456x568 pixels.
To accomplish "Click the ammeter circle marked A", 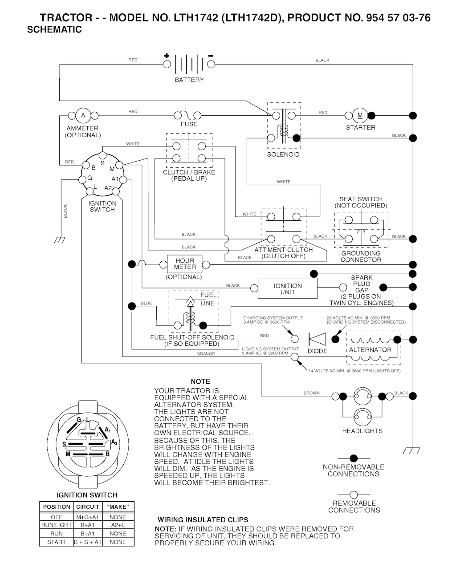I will pyautogui.click(x=83, y=116).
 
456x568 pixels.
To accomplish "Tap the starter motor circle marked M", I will pyautogui.click(x=360, y=116).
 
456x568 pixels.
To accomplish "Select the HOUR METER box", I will pyautogui.click(x=184, y=264).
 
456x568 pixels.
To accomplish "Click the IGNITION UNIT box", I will pyautogui.click(x=288, y=289).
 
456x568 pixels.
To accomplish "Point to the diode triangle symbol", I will pyautogui.click(x=317, y=339).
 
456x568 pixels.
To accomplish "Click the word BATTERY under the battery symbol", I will pyautogui.click(x=189, y=80).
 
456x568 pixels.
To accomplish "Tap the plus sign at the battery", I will pyautogui.click(x=167, y=56).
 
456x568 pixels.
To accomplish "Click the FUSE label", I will pyautogui.click(x=189, y=124).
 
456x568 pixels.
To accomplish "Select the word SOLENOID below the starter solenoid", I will pyautogui.click(x=283, y=154).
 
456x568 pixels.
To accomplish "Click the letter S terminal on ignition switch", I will pyautogui.click(x=102, y=162).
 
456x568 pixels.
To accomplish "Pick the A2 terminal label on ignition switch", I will pyautogui.click(x=108, y=188).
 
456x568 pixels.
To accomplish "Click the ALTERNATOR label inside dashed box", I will pyautogui.click(x=370, y=350).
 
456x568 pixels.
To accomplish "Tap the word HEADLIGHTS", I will pyautogui.click(x=362, y=431).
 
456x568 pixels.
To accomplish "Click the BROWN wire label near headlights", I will pyautogui.click(x=311, y=393).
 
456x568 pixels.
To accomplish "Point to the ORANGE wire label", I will pyautogui.click(x=206, y=354).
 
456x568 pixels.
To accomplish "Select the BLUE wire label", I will pyautogui.click(x=146, y=303).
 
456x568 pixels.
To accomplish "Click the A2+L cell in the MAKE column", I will pyautogui.click(x=118, y=525).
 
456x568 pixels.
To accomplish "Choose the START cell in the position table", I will pyautogui.click(x=57, y=542).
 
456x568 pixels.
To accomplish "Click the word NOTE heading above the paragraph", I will pyautogui.click(x=200, y=381).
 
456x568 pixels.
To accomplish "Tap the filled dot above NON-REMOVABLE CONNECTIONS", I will pyautogui.click(x=354, y=458).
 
